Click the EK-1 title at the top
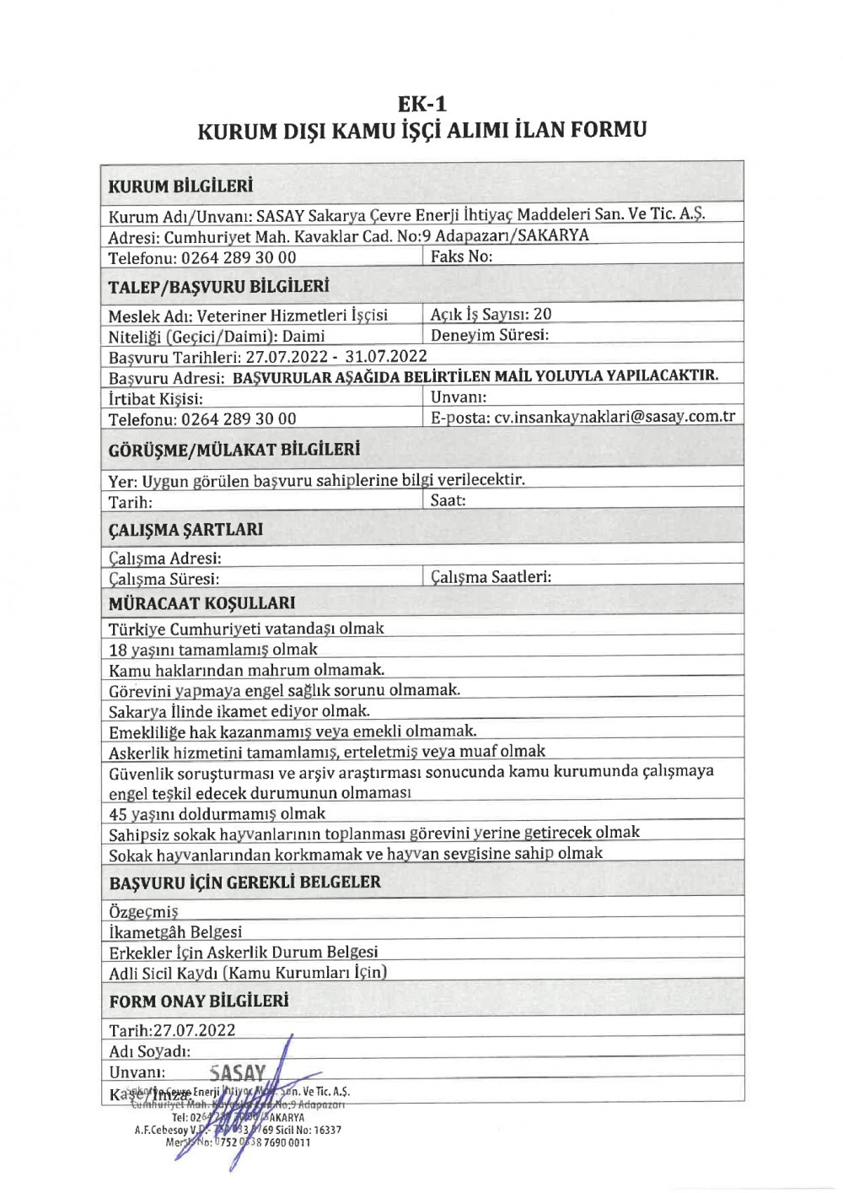(422, 104)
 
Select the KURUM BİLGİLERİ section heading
(180, 186)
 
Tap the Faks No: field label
(461, 256)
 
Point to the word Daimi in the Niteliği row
(303, 336)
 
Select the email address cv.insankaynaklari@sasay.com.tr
(615, 417)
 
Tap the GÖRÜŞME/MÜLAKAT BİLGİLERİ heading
(234, 450)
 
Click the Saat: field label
(448, 500)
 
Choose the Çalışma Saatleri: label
(491, 577)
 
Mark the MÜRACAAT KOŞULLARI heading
(201, 603)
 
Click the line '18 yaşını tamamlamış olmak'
(213, 650)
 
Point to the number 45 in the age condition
(118, 814)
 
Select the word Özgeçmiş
(143, 912)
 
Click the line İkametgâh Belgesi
(175, 932)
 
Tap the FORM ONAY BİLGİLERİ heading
(198, 1001)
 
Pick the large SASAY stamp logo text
(237, 1073)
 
